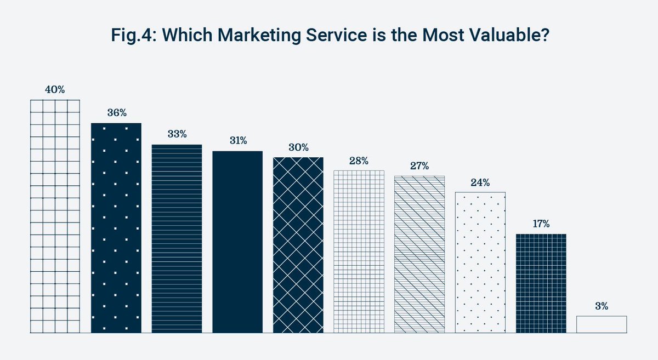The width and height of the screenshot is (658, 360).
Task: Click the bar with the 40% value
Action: click(x=55, y=216)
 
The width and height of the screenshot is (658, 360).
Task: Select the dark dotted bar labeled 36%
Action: click(x=116, y=228)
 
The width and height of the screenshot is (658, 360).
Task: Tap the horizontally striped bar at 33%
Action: click(x=177, y=239)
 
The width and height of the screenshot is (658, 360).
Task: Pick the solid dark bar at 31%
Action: click(x=237, y=242)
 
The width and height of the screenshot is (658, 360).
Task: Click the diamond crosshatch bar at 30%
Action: click(x=298, y=245)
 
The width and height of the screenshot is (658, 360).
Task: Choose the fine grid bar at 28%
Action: click(x=359, y=252)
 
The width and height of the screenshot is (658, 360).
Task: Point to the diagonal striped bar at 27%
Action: click(x=419, y=254)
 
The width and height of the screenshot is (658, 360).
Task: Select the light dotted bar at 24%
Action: click(x=480, y=262)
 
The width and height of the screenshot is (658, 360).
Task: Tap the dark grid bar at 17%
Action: click(x=541, y=283)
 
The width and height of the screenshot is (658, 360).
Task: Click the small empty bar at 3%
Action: click(x=602, y=324)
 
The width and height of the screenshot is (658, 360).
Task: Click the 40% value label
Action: click(x=55, y=90)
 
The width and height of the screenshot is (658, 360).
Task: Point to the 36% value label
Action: click(x=116, y=113)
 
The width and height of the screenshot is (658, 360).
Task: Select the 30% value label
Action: click(x=298, y=147)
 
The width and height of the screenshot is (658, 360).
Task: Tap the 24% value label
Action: click(x=480, y=182)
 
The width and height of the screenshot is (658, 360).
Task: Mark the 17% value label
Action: click(x=541, y=224)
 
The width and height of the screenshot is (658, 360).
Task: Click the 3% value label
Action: click(x=602, y=306)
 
